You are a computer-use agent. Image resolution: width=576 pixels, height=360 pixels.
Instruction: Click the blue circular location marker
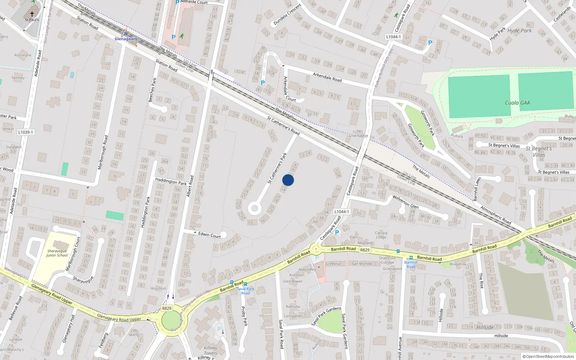point(288,180)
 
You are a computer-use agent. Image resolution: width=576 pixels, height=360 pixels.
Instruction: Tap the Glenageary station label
point(126,39)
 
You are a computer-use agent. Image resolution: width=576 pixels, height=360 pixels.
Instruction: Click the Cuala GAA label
point(517,103)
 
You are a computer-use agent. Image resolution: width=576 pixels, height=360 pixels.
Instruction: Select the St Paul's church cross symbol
point(32,14)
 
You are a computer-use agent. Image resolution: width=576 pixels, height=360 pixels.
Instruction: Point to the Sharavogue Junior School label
point(57,253)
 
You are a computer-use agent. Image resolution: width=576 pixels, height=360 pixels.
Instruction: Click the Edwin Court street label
point(210,235)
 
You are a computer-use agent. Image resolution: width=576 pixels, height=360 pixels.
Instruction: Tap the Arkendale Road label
point(327,77)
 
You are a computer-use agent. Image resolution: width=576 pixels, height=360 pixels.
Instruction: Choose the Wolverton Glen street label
point(405,202)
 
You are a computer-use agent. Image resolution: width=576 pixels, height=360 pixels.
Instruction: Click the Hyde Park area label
point(519,31)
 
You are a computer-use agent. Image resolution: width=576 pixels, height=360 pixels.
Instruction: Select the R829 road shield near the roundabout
point(167,308)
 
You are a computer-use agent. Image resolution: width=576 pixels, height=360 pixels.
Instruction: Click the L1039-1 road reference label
point(26,132)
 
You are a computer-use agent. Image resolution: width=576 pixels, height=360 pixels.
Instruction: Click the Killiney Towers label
point(210,350)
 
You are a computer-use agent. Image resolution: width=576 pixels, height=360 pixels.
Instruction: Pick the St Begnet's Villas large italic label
point(539,152)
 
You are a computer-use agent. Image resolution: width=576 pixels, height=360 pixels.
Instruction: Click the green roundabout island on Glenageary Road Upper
point(171,320)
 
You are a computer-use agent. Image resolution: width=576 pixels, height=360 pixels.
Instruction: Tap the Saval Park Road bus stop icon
point(246,284)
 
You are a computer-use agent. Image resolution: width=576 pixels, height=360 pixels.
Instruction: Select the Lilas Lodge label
point(359,136)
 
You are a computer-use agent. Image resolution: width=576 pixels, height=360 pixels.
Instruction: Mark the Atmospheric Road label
point(496,215)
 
